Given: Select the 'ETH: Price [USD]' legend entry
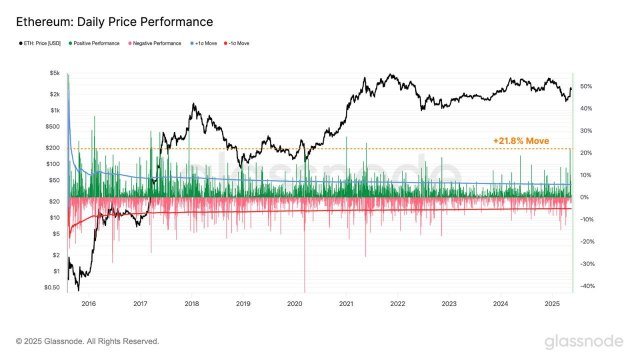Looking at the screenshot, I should (x=43, y=44).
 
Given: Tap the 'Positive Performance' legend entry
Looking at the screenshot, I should (x=99, y=44).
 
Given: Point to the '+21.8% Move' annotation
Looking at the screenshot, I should (x=525, y=141).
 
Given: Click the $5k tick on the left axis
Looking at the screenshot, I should (x=54, y=74).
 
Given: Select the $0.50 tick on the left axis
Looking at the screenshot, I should (x=52, y=288).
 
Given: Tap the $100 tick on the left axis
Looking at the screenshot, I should (x=53, y=164).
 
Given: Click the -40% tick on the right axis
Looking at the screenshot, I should (x=586, y=287).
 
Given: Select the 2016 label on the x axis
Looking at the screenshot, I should (x=88, y=302).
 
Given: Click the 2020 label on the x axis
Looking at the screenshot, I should (x=294, y=302).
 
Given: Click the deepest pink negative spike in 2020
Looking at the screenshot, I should (x=304, y=285).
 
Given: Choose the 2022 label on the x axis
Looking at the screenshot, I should (x=397, y=302).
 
